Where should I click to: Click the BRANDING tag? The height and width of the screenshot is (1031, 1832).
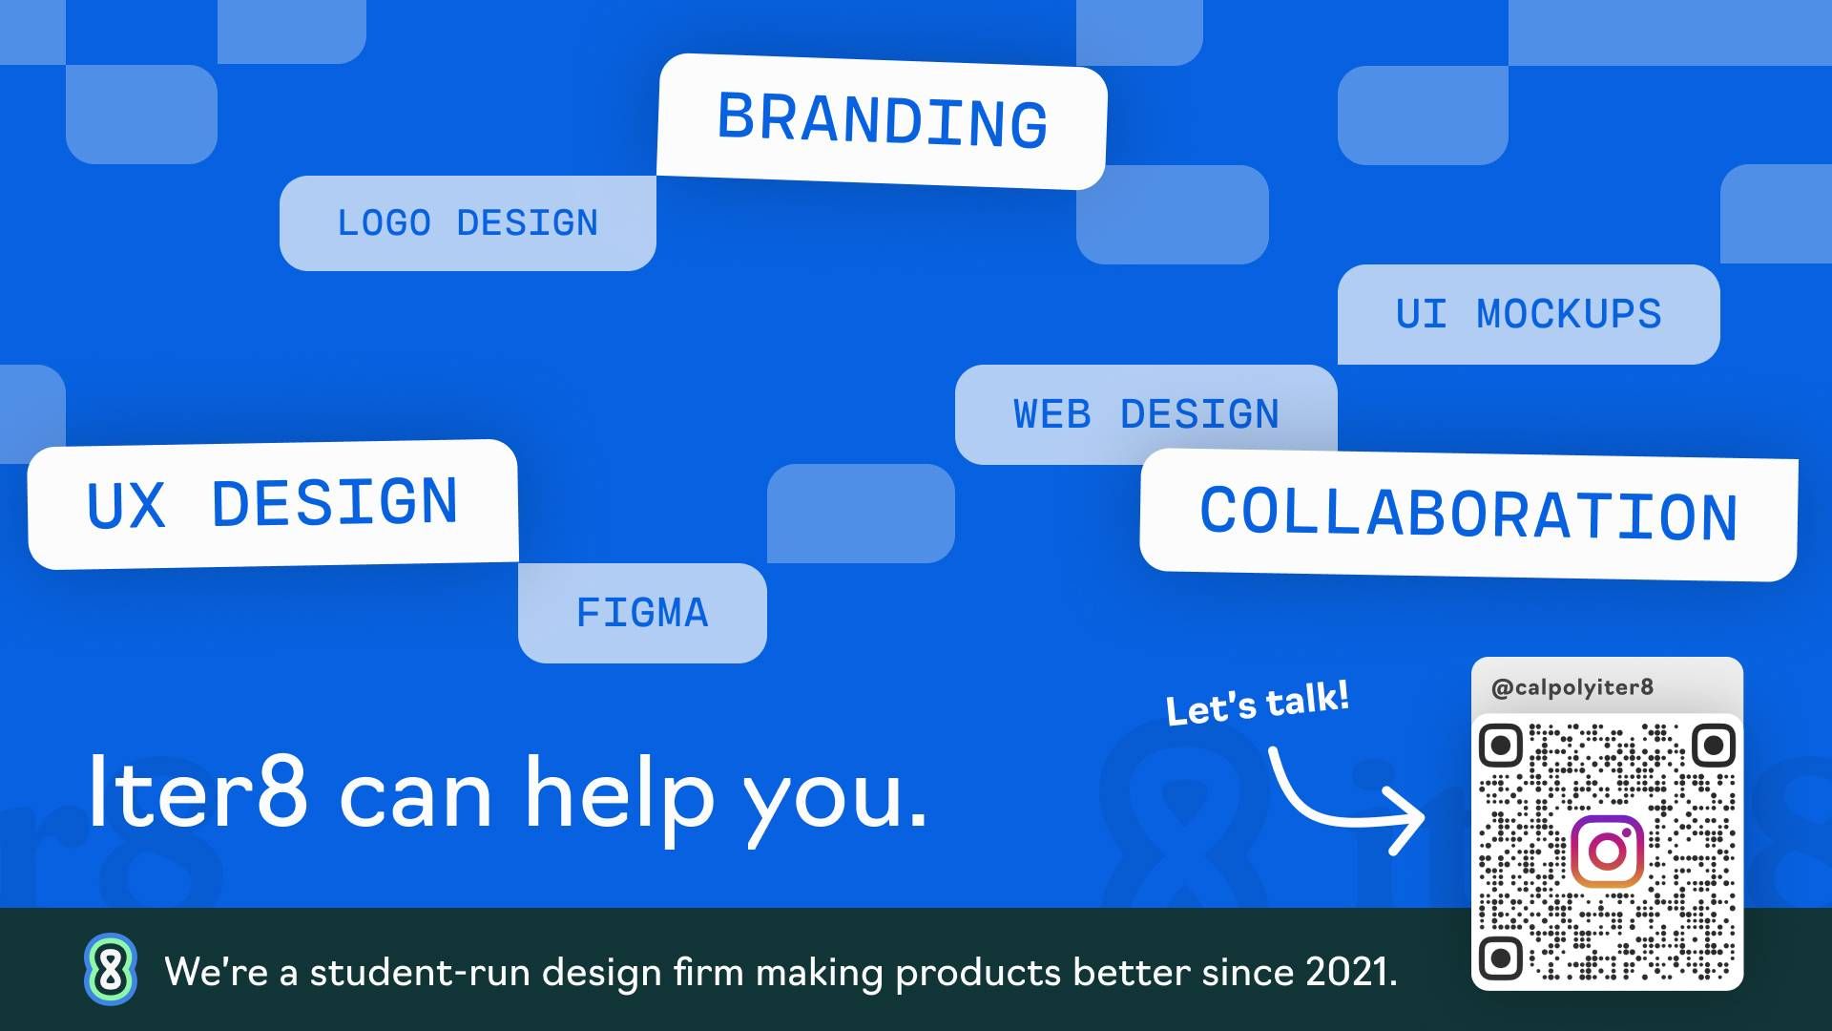click(882, 121)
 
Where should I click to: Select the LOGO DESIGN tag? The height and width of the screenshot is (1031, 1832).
click(468, 223)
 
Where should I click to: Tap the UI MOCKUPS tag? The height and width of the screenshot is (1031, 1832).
click(1529, 314)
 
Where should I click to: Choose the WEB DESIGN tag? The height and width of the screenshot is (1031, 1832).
click(1146, 414)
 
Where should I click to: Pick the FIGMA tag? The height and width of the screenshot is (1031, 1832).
click(642, 613)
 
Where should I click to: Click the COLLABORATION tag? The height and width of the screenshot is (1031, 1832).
click(1468, 515)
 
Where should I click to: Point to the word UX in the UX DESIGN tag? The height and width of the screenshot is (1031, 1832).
click(126, 505)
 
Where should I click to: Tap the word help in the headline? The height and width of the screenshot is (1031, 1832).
click(619, 798)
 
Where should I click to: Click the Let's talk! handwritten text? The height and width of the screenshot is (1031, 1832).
click(1258, 703)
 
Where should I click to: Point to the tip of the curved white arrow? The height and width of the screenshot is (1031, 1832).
click(1424, 817)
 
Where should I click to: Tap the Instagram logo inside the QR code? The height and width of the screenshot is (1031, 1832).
click(1608, 852)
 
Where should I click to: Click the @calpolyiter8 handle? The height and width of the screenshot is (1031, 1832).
click(1572, 687)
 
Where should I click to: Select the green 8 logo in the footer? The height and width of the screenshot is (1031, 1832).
click(111, 970)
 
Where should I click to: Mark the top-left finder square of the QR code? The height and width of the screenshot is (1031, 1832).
click(1500, 745)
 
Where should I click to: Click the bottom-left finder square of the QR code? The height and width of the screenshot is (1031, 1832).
click(1500, 957)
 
